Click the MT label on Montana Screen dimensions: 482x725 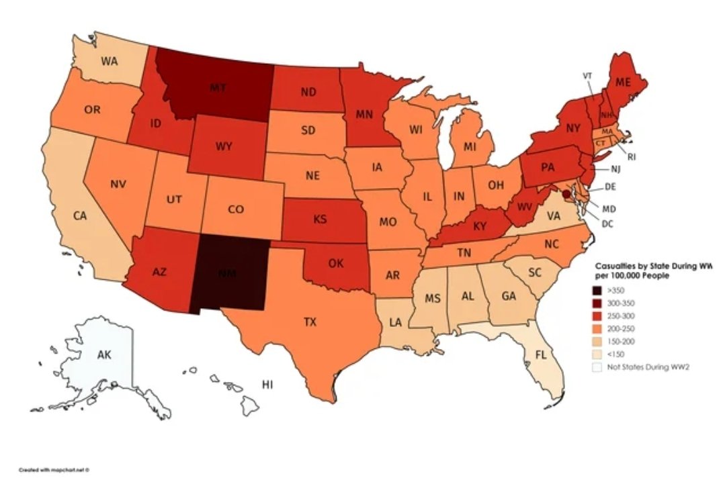pyautogui.click(x=216, y=87)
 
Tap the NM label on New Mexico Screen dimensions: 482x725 pyautogui.click(x=228, y=273)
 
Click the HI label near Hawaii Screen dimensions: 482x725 pyautogui.click(x=268, y=385)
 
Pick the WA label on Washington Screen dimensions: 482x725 pyautogui.click(x=110, y=60)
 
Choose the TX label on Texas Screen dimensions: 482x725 pyautogui.click(x=309, y=322)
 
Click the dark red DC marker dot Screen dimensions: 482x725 pyautogui.click(x=566, y=193)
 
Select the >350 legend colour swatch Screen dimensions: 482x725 pyautogui.click(x=597, y=291)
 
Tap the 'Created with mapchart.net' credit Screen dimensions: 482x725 pyautogui.click(x=54, y=470)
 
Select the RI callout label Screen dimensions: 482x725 pyautogui.click(x=631, y=157)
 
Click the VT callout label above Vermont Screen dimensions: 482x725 pyautogui.click(x=586, y=75)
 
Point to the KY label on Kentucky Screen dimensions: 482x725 pyautogui.click(x=479, y=227)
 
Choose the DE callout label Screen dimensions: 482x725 pyautogui.click(x=610, y=186)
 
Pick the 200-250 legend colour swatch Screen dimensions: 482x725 pyautogui.click(x=597, y=328)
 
